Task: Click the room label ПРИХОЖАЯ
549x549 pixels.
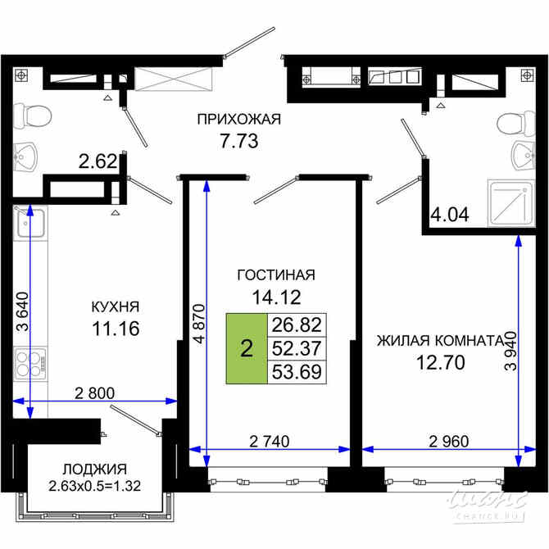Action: click(x=238, y=120)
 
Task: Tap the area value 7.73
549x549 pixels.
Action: click(x=238, y=141)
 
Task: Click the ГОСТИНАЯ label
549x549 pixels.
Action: click(x=275, y=274)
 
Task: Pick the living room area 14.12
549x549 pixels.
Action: click(x=275, y=297)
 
